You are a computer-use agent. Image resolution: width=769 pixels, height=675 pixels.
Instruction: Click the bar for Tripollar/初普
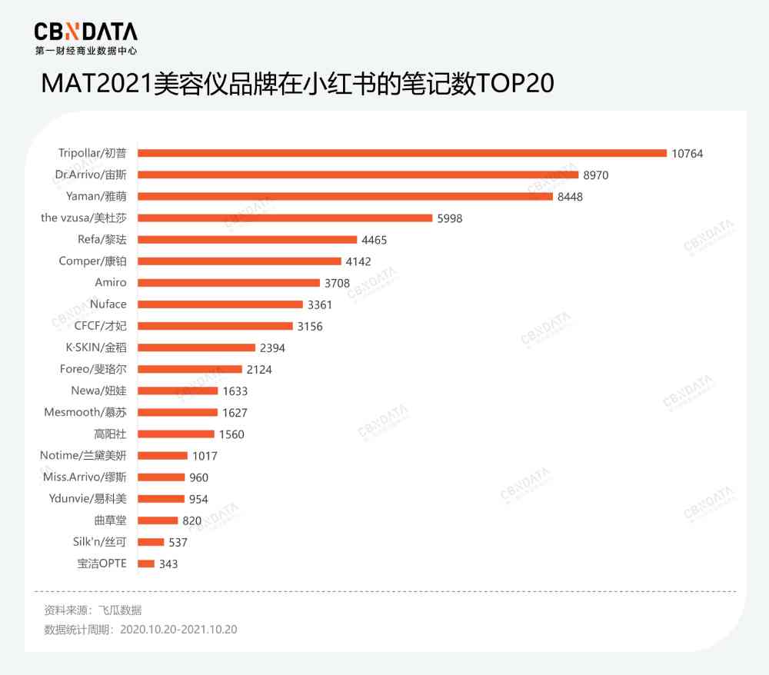pyautogui.click(x=401, y=153)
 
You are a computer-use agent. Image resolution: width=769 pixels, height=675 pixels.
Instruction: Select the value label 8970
pyautogui.click(x=595, y=175)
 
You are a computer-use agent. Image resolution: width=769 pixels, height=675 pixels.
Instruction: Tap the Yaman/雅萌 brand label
pyautogui.click(x=96, y=197)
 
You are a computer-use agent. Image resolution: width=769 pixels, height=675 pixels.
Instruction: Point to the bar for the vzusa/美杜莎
pyautogui.click(x=285, y=218)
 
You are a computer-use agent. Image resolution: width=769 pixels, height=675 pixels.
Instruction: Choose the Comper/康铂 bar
pyautogui.click(x=239, y=261)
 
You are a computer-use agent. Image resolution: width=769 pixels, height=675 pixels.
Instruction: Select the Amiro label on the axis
pyautogui.click(x=110, y=283)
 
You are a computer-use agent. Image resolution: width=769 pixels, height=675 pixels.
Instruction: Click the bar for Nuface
pyautogui.click(x=220, y=304)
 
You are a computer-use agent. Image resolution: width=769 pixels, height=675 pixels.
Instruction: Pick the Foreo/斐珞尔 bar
pyautogui.click(x=190, y=369)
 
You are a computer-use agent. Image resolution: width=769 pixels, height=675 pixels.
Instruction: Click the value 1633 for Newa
pyautogui.click(x=235, y=391)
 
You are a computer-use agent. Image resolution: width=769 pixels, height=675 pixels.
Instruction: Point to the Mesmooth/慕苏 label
pyautogui.click(x=85, y=412)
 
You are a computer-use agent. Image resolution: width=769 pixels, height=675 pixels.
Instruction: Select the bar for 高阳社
pyautogui.click(x=175, y=434)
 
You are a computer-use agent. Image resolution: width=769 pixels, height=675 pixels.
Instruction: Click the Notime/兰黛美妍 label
pyautogui.click(x=83, y=455)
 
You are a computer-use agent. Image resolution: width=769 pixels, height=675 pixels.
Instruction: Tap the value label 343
pyautogui.click(x=168, y=564)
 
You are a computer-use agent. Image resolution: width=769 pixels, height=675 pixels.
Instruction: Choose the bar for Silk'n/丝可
pyautogui.click(x=151, y=542)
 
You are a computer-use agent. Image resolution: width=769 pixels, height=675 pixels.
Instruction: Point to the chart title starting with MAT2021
pyautogui.click(x=297, y=84)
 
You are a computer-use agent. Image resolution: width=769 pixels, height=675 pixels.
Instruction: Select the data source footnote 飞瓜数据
pyautogui.click(x=119, y=610)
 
